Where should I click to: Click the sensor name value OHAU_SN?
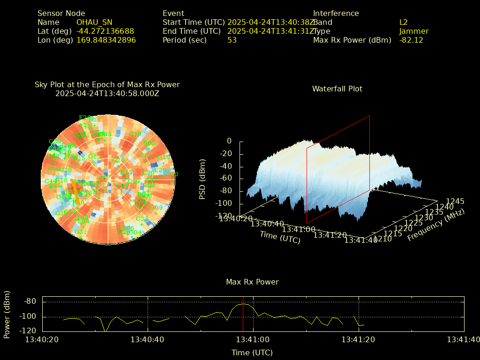pos(94,22)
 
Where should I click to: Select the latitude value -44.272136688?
pos(105,31)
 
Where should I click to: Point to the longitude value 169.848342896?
pos(106,40)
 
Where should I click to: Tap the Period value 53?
pos(232,40)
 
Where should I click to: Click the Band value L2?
pos(404,22)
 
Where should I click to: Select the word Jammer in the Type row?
pos(414,31)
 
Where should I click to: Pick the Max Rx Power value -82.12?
pos(411,40)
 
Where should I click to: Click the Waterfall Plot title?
pos(337,89)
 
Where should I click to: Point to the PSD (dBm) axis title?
pos(202,178)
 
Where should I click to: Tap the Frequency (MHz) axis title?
pos(436,225)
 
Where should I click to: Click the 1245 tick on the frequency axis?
pos(455,201)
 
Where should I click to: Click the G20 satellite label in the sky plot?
pos(118,160)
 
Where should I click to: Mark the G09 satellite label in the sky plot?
pos(157,208)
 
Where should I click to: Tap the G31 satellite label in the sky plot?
pos(81,232)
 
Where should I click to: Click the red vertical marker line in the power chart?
pos(243,314)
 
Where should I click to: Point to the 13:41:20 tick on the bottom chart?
pos(359,339)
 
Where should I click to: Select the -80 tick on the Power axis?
pos(30,301)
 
